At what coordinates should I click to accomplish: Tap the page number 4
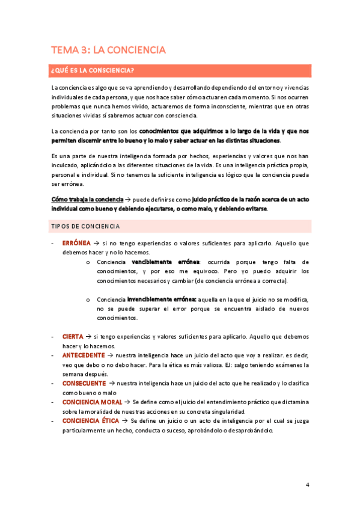pyautogui.click(x=307, y=485)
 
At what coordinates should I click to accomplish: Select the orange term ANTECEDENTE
pyautogui.click(x=83, y=355)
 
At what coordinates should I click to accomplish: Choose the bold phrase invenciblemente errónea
pyautogui.click(x=162, y=299)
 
